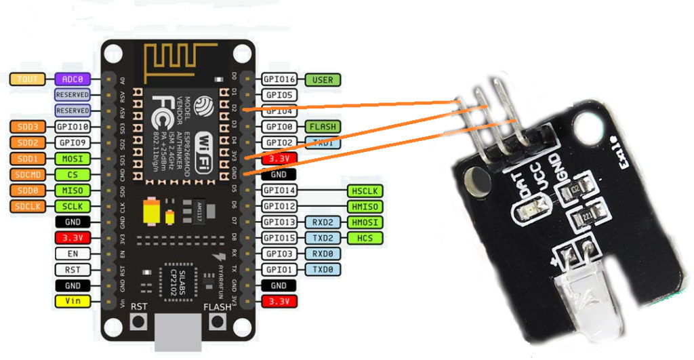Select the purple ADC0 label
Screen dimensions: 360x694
pos(72,79)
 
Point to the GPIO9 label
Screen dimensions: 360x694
pos(72,142)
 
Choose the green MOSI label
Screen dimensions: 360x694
pos(72,159)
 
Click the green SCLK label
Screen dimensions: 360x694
pos(72,206)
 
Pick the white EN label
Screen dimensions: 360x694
pos(72,254)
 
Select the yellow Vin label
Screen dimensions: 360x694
pos(72,301)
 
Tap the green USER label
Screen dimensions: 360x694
pos(323,79)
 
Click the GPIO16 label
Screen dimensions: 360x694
pos(279,79)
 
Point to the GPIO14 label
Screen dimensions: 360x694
pos(279,191)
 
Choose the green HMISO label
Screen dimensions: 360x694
pos(365,206)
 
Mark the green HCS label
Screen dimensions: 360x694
pos(365,238)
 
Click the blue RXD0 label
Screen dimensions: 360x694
pos(323,254)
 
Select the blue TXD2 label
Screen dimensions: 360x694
pos(323,238)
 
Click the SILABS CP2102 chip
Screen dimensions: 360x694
pos(178,281)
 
